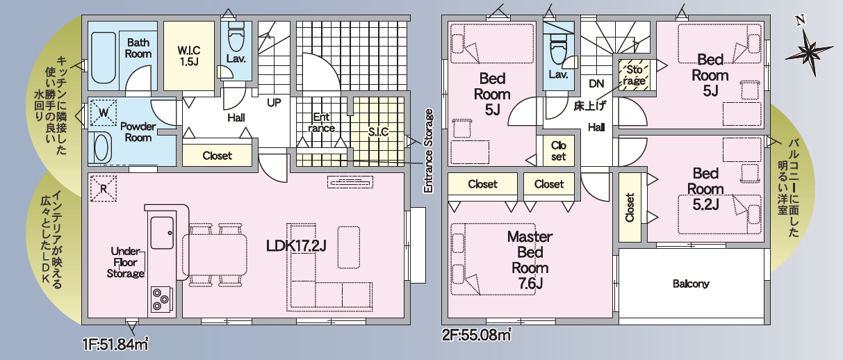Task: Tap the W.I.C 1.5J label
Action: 189,56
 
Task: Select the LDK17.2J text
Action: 296,246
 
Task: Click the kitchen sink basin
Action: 162,233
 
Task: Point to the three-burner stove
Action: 162,300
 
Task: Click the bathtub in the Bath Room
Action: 103,58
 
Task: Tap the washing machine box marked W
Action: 104,112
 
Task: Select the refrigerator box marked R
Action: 104,188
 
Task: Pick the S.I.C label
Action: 378,131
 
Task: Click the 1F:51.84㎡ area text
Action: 115,344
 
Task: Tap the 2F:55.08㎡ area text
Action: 477,334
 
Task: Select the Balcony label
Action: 691,284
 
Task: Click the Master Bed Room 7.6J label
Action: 530,260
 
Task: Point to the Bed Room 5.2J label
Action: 705,189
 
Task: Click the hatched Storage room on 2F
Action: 634,75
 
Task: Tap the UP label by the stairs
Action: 274,103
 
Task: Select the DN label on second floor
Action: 596,83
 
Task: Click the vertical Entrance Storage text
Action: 428,152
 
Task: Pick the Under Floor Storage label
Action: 125,262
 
